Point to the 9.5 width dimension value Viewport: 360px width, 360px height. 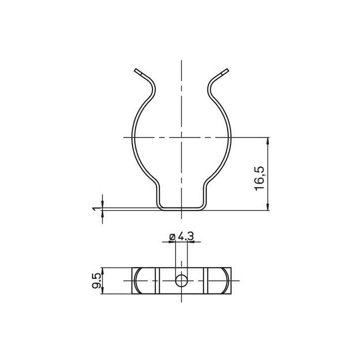pyautogui.click(x=96, y=280)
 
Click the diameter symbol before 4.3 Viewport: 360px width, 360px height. pyautogui.click(x=172, y=236)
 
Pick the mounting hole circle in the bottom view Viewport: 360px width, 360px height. pyautogui.click(x=181, y=281)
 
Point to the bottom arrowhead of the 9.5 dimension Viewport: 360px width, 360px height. pyautogui.click(x=102, y=290)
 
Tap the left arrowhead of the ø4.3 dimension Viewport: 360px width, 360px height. pyautogui.click(x=172, y=242)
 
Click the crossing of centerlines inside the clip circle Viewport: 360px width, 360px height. pyautogui.click(x=181, y=137)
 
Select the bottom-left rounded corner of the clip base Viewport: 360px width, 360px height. pyautogui.click(x=160, y=206)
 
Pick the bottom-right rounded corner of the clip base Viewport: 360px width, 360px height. pyautogui.click(x=203, y=206)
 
